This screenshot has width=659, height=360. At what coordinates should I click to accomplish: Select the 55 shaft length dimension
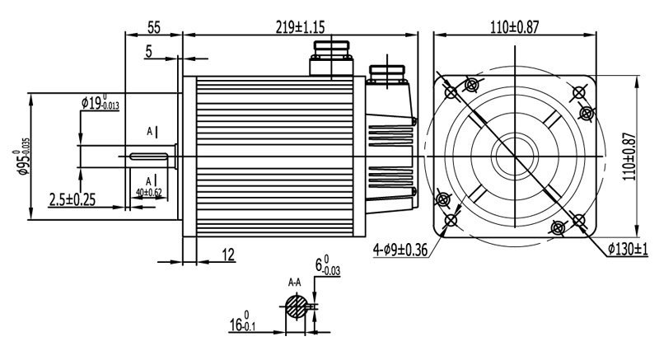(x=153, y=27)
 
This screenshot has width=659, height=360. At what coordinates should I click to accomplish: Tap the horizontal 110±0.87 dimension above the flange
(x=515, y=27)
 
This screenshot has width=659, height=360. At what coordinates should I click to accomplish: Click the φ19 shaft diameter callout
(x=100, y=103)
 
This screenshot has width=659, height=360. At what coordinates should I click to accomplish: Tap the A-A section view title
(x=294, y=283)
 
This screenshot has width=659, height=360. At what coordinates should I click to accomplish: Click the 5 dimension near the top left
(x=148, y=52)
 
